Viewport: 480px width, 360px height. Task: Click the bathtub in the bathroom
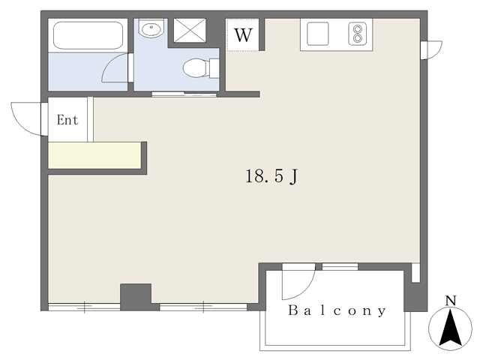coord(88,35)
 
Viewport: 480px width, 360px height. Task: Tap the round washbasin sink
coord(150,28)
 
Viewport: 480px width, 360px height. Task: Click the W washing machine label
coord(243,35)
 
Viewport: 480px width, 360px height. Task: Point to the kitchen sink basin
coord(318,33)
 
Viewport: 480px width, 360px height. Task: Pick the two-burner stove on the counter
coord(357,34)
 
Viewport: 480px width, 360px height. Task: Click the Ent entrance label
coord(67,120)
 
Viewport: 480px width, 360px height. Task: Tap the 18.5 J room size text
coord(271,176)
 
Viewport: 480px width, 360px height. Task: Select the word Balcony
coord(337,310)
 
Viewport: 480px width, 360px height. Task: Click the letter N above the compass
coord(451,301)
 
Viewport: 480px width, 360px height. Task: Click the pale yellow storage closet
coord(94,155)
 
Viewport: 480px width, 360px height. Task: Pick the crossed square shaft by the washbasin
coord(190,30)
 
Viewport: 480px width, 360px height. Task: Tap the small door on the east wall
coord(431,50)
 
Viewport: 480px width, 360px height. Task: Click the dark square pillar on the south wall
coord(136,297)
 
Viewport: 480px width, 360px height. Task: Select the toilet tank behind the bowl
coord(214,67)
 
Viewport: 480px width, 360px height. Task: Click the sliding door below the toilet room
coord(184,94)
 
